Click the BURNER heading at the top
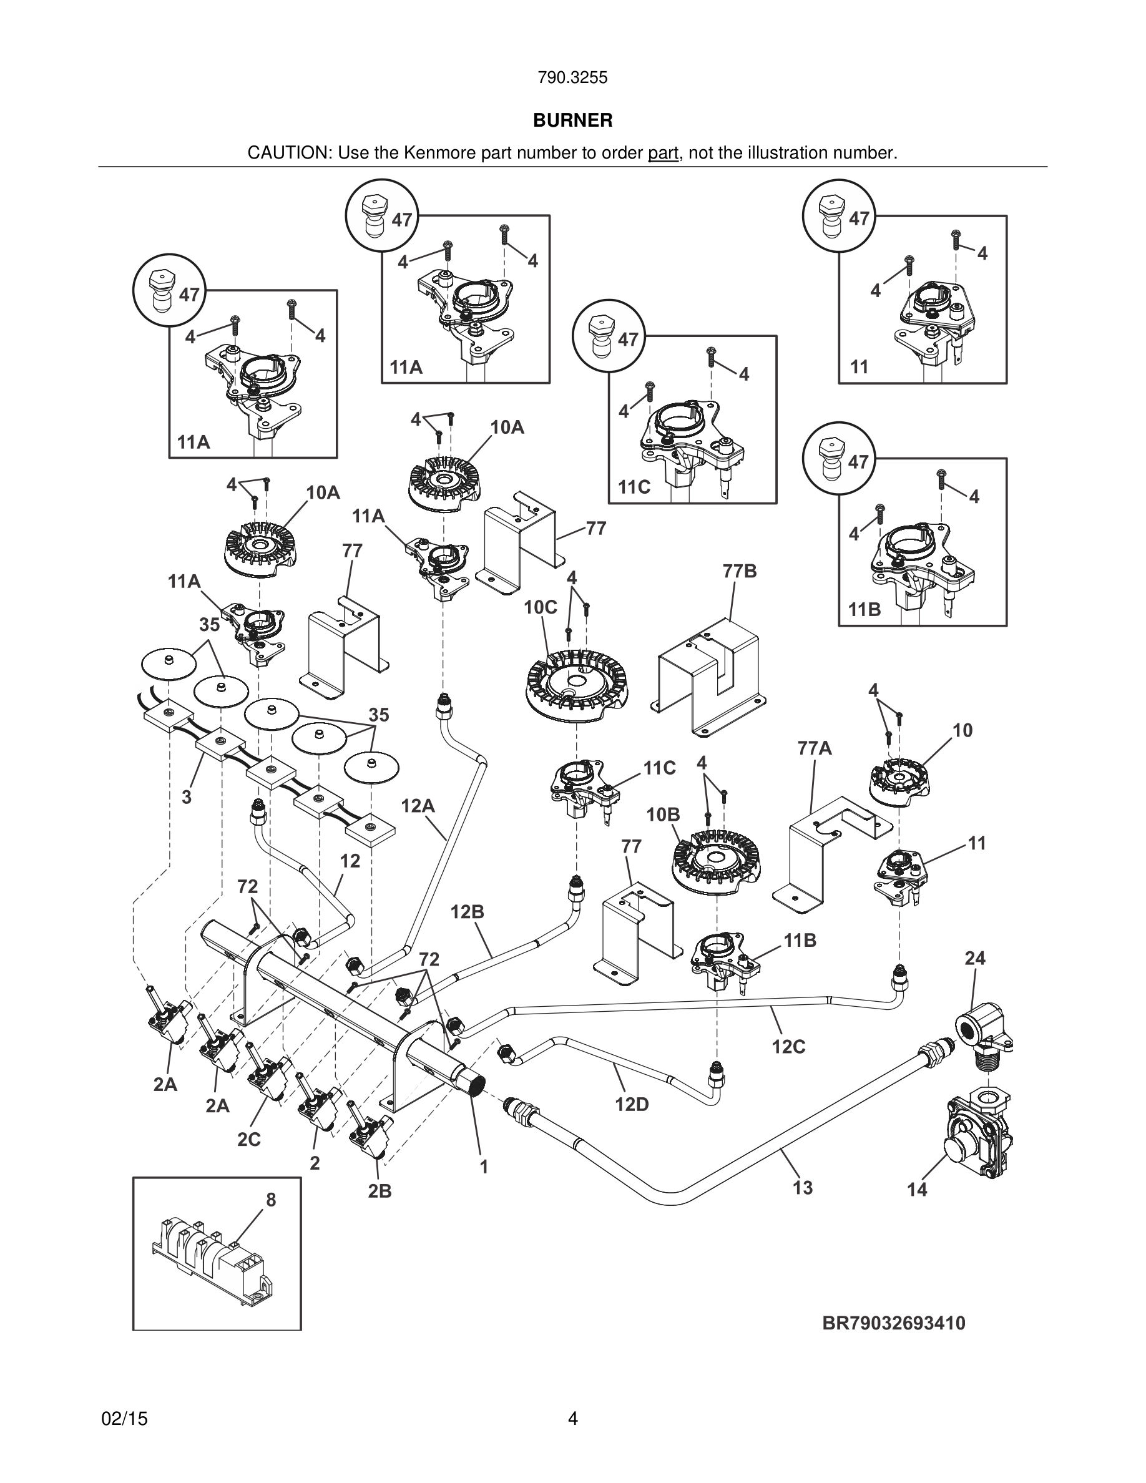[572, 120]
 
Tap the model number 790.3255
[572, 78]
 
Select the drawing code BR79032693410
[893, 1323]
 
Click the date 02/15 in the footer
[124, 1419]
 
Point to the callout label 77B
[739, 571]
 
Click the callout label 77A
[815, 748]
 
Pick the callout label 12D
[632, 1105]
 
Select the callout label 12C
[788, 1046]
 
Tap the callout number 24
[975, 958]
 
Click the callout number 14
[916, 1189]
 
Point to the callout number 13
[803, 1188]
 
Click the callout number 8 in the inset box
[271, 1200]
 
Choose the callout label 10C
[541, 607]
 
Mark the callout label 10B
[664, 814]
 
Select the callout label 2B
[380, 1191]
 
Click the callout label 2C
[249, 1138]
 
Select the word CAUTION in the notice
[288, 153]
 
